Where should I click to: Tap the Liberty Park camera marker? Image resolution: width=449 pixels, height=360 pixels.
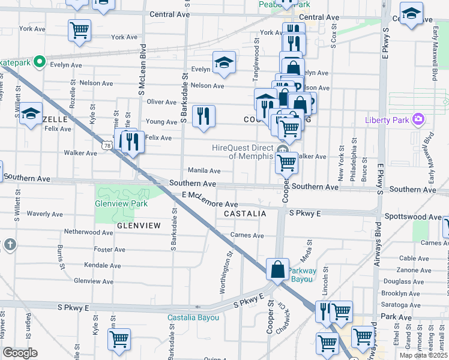click(x=418, y=120)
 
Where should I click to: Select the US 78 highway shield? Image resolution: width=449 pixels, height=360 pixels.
click(x=107, y=145)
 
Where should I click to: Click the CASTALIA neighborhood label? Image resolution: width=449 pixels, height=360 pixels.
click(x=244, y=214)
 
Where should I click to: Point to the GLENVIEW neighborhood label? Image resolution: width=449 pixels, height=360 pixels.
click(x=139, y=226)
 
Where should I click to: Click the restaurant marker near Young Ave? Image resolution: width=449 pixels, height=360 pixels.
click(x=204, y=116)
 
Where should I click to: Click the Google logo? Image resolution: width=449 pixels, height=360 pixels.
click(x=20, y=352)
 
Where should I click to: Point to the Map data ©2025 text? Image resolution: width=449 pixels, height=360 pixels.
click(x=423, y=355)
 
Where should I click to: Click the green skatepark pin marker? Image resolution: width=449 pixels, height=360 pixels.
click(x=40, y=61)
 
